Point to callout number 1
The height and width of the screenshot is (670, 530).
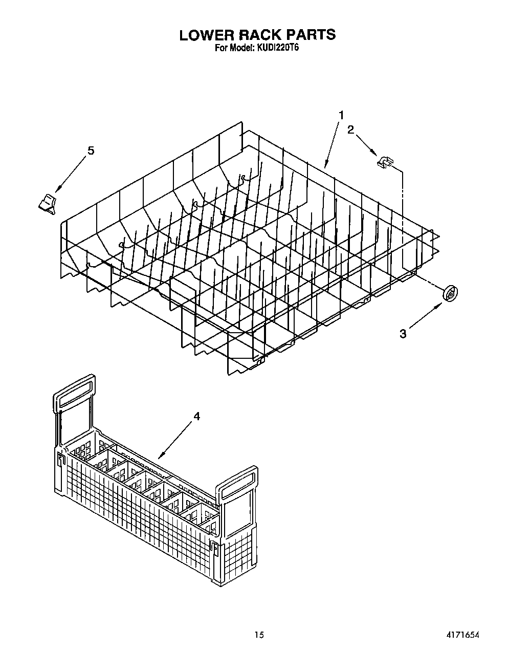341,115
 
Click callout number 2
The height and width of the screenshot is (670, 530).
350,129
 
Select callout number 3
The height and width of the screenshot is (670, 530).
403,334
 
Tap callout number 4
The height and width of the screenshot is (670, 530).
197,416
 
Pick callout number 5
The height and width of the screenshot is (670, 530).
91,150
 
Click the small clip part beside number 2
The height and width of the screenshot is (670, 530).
384,162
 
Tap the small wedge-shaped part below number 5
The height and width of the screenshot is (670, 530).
47,203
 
